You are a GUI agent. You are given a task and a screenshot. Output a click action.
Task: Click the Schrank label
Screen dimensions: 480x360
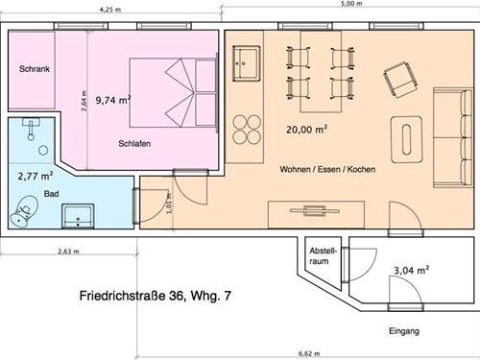[35, 69]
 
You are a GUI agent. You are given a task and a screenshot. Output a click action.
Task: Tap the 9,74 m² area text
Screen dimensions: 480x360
[113, 100]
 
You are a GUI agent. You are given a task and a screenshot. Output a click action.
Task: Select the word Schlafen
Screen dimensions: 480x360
[134, 143]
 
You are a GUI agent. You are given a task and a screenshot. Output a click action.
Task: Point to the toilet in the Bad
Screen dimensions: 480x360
[24, 211]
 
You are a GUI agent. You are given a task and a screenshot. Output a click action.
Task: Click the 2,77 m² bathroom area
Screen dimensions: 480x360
[36, 176]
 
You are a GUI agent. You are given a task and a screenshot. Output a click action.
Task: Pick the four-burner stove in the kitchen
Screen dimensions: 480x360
[247, 130]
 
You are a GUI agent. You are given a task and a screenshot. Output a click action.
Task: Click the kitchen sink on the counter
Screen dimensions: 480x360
[246, 63]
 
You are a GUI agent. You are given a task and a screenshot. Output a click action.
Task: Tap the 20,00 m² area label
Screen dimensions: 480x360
[306, 130]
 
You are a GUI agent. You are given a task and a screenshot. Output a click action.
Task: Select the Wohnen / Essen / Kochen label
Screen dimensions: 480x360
[327, 169]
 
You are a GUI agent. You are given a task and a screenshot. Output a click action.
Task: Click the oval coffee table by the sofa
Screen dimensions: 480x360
[406, 139]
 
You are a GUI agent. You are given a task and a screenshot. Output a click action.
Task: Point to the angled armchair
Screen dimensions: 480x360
[401, 80]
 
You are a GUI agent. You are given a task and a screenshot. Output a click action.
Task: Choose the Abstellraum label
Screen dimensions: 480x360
[324, 256]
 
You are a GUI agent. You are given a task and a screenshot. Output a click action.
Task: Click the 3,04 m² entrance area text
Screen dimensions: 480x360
[412, 271]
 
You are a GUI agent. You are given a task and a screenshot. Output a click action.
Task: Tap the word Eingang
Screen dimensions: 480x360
[404, 331]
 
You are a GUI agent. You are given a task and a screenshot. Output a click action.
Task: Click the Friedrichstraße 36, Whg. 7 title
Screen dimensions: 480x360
[155, 296]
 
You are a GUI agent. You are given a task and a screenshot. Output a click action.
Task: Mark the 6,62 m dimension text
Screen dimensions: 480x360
[309, 353]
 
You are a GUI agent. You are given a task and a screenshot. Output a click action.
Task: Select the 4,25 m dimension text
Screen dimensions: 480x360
[110, 10]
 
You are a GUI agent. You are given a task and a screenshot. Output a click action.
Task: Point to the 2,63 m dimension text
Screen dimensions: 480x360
[68, 252]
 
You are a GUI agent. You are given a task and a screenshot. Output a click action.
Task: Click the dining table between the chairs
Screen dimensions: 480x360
[321, 71]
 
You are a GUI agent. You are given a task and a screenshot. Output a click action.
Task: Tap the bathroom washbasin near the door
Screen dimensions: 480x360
[78, 216]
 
